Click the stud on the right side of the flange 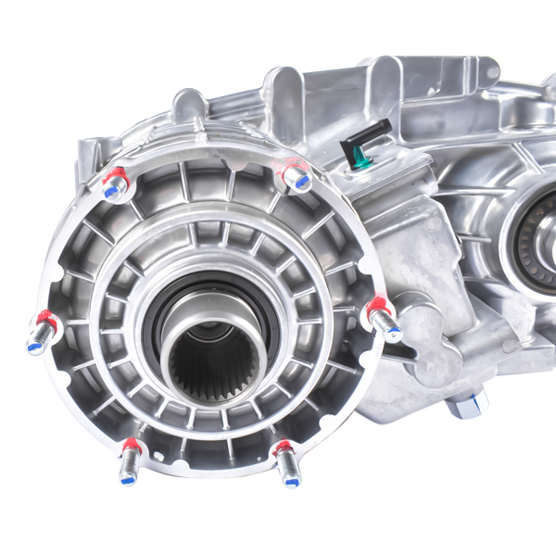383,319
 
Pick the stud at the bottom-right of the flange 286,462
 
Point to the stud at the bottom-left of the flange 130,461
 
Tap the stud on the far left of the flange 42,333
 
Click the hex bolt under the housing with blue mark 466,405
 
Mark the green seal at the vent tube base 361,163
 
